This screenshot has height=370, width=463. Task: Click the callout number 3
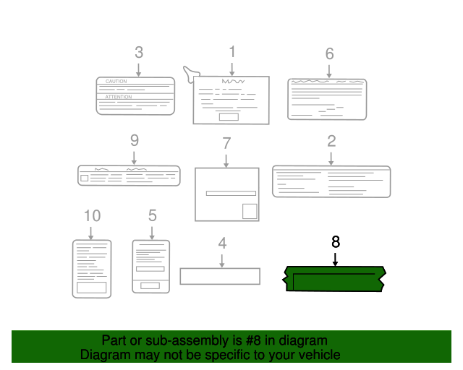(x=138, y=53)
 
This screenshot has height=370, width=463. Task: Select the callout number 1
(x=232, y=51)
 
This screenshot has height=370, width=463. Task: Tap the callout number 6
(x=329, y=53)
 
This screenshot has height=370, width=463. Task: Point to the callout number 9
(x=134, y=141)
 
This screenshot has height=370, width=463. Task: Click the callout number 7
(x=226, y=143)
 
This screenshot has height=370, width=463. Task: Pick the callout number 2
(x=331, y=141)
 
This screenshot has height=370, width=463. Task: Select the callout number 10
(x=92, y=215)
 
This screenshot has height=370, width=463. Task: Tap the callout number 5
(x=152, y=215)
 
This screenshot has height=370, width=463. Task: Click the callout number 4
(x=222, y=243)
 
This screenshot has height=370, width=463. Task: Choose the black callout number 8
(x=335, y=242)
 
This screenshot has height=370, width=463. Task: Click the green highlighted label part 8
(x=335, y=279)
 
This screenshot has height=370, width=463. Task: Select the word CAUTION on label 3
(x=116, y=82)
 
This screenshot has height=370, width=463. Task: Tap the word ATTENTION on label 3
(x=119, y=97)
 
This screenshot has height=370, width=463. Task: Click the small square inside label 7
(x=249, y=211)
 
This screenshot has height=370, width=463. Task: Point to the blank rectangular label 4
(x=220, y=276)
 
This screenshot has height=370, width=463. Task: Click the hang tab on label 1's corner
(x=191, y=72)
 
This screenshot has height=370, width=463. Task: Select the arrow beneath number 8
(x=335, y=259)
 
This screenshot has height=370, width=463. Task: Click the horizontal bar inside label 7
(x=231, y=193)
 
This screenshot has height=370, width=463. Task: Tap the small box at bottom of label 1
(x=229, y=116)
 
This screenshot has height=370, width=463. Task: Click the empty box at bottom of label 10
(x=92, y=287)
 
